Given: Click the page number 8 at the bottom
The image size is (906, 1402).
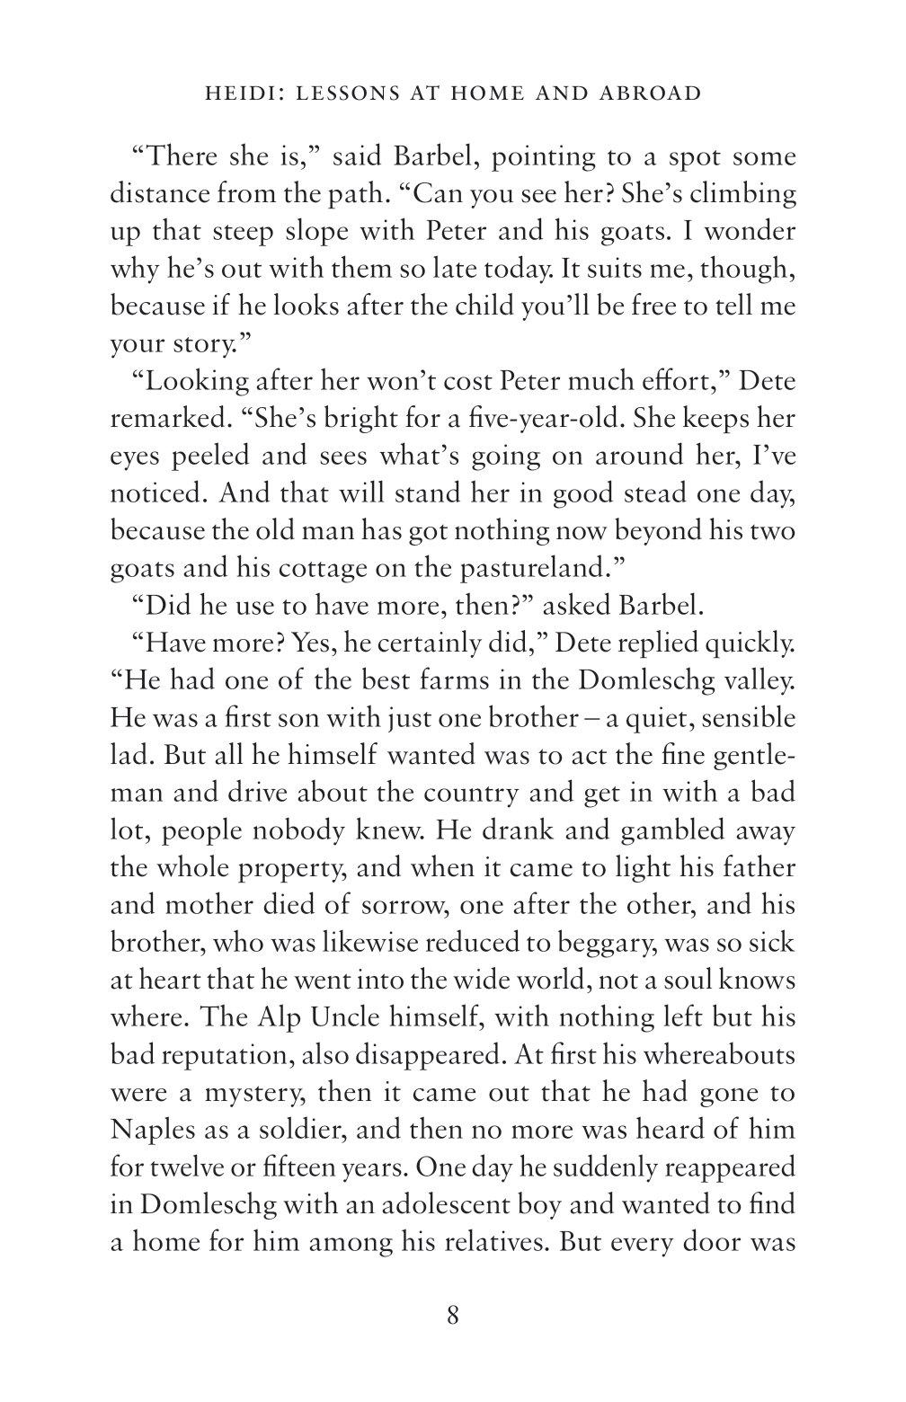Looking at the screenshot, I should pyautogui.click(x=452, y=1317).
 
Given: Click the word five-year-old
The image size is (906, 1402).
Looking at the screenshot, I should pyautogui.click(x=524, y=419).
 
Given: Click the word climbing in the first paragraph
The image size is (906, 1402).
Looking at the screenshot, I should pyautogui.click(x=741, y=194).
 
